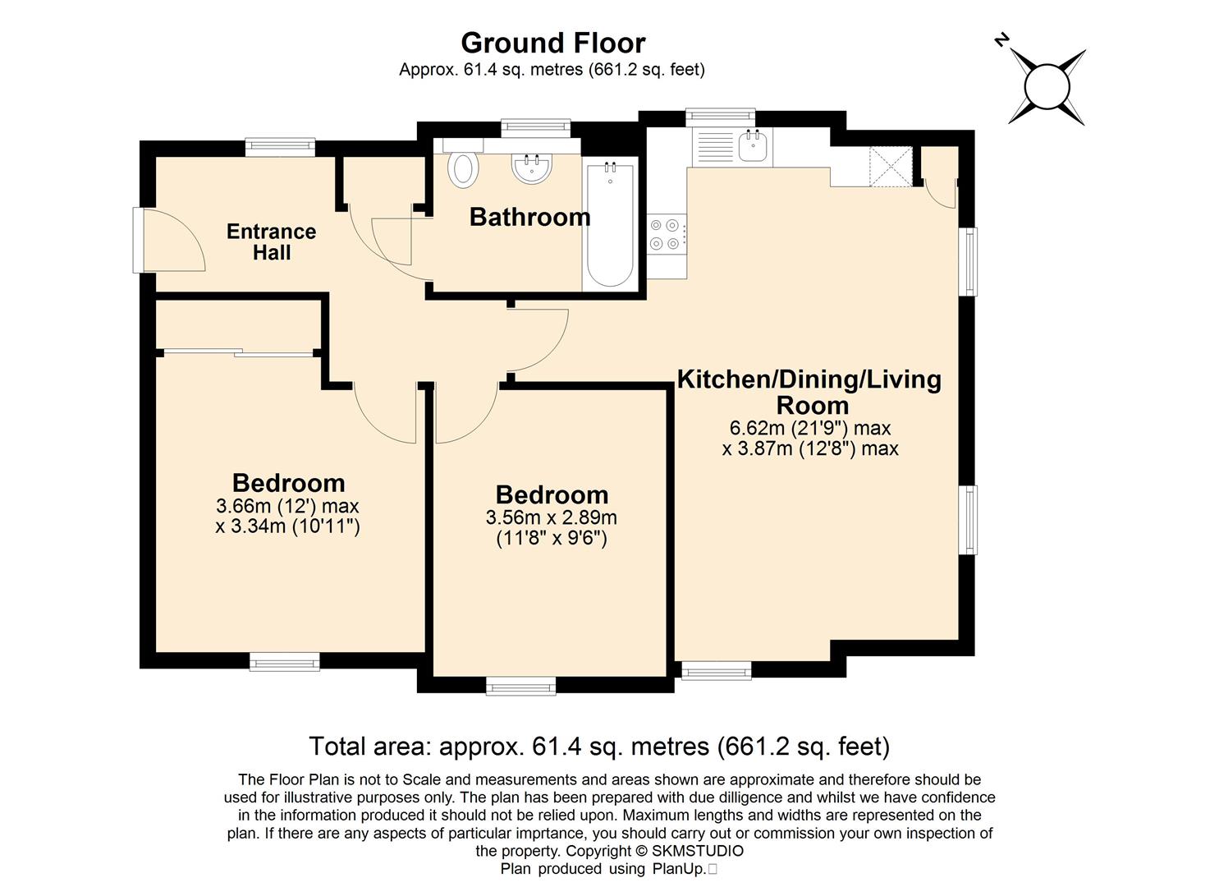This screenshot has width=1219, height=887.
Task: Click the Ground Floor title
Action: [x=553, y=43]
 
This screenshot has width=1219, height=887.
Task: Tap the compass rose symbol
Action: [x=1047, y=88]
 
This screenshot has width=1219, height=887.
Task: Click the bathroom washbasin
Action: [x=532, y=167]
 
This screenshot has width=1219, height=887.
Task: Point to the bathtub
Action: [x=610, y=224]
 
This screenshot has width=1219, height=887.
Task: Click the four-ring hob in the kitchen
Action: [x=667, y=234]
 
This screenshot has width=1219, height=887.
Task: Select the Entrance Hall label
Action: [x=271, y=242]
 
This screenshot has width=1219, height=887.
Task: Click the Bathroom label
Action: [x=529, y=218]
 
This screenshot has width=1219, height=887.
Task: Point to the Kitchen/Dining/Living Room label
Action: [x=809, y=392]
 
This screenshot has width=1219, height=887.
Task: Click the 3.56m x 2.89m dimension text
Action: [x=552, y=517]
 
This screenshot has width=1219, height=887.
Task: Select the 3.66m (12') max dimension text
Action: [x=287, y=506]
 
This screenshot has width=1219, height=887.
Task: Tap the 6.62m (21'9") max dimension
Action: [x=809, y=429]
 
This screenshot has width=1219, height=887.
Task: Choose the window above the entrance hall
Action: [x=280, y=145]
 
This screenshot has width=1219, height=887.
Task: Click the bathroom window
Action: [x=536, y=126]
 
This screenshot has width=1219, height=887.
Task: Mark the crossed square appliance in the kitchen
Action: [x=891, y=167]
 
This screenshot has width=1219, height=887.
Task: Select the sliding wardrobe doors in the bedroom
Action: [x=238, y=353]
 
